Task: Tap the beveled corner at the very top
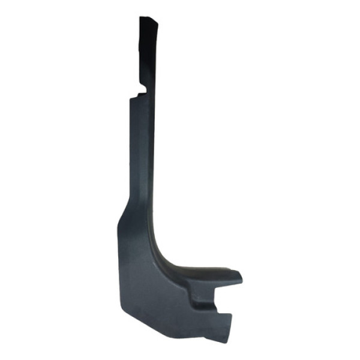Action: pyautogui.click(x=155, y=22)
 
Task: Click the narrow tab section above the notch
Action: pyautogui.click(x=146, y=54)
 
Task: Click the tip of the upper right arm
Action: pyautogui.click(x=240, y=277)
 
